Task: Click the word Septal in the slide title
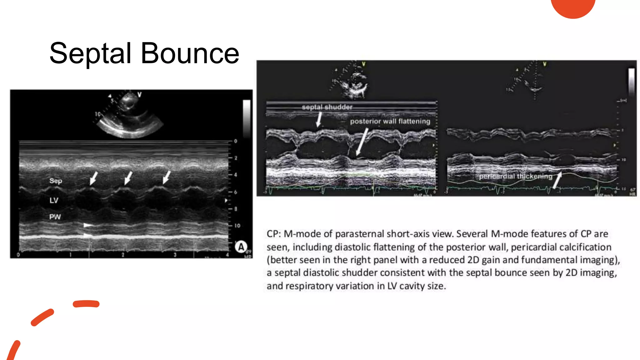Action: click(90, 54)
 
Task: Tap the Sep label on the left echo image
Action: click(56, 181)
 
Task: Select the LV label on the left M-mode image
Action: click(54, 200)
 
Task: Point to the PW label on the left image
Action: click(55, 217)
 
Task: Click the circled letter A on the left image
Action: click(241, 247)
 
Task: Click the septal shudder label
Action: click(327, 107)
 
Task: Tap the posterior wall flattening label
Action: click(390, 121)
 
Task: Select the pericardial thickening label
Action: click(516, 177)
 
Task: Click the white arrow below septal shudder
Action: click(319, 119)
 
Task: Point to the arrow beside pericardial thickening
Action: click(557, 180)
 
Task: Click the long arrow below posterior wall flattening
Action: click(362, 142)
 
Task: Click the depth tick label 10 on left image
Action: click(237, 226)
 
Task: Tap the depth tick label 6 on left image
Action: click(236, 192)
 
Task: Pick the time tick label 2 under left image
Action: click(123, 255)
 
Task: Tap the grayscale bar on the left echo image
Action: click(247, 119)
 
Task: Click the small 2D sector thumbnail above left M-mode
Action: click(130, 116)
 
